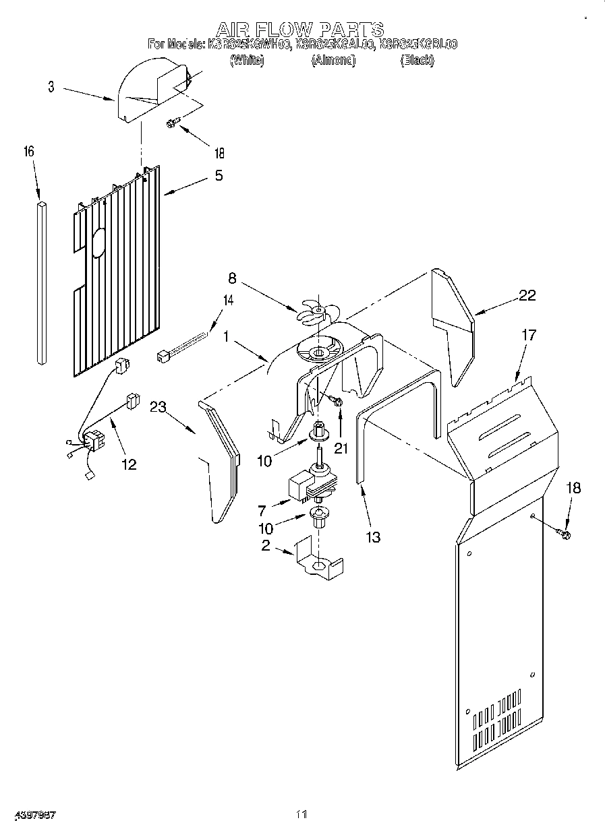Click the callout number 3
click(x=51, y=87)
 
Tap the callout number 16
click(x=29, y=152)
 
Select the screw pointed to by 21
click(x=337, y=402)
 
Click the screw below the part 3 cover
click(x=173, y=123)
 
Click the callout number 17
click(x=529, y=334)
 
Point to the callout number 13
click(x=372, y=536)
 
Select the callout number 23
click(x=158, y=406)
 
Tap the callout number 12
click(x=128, y=464)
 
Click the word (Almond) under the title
click(x=333, y=61)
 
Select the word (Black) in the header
click(x=416, y=61)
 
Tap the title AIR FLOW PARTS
click(x=299, y=30)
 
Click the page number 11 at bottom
click(x=301, y=815)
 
